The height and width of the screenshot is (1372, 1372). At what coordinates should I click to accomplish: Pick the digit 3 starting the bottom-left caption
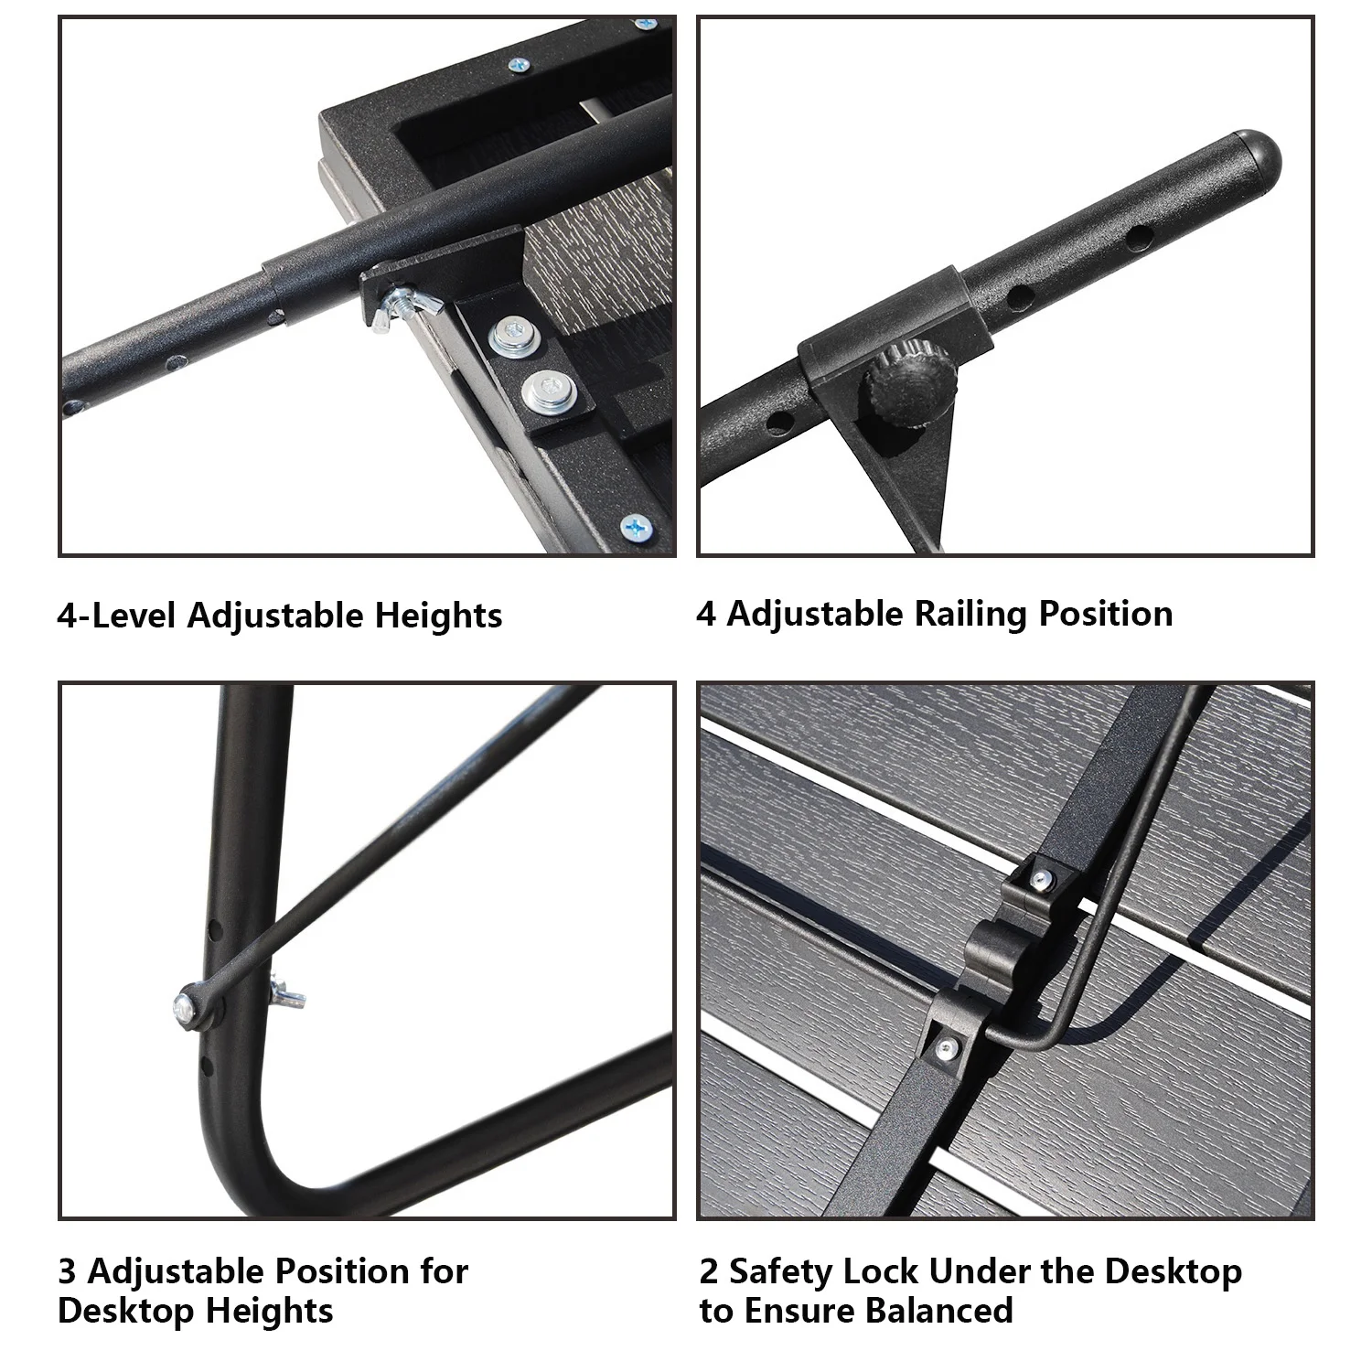click(67, 1271)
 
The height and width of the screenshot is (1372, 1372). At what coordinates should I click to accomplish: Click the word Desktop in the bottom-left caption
click(127, 1312)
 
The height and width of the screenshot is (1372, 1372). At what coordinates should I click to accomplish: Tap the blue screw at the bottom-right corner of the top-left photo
click(635, 528)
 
